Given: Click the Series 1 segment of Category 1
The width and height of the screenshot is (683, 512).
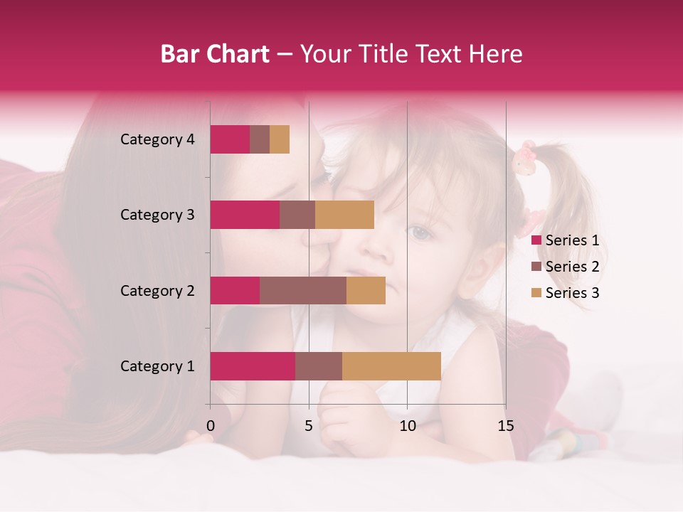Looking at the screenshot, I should tap(253, 366).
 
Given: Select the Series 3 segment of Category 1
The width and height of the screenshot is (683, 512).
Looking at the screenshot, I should tap(391, 366).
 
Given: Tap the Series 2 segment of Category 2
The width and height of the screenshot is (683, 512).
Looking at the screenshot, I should tap(303, 290).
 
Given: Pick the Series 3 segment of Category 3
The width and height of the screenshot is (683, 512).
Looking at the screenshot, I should tap(344, 215).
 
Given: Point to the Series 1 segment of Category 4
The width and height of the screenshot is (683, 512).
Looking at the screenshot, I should tap(230, 139).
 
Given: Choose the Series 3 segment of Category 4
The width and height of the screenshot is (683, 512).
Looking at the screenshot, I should tap(280, 139).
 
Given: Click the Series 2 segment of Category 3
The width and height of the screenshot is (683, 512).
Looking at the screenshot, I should tap(297, 215).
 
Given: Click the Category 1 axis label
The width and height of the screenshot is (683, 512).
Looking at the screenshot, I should tap(157, 366).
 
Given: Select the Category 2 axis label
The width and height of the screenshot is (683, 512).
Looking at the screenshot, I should tap(157, 291).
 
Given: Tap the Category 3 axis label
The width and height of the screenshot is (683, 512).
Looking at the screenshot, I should tap(157, 215).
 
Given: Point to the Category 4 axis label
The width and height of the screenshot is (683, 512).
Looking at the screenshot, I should tap(157, 139).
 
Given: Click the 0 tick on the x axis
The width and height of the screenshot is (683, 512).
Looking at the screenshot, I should tap(211, 425).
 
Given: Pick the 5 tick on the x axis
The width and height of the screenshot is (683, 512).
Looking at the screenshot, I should tap(309, 425).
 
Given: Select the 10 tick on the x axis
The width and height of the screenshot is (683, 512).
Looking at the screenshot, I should tap(407, 425).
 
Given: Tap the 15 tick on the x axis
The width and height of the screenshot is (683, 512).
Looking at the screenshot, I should tap(505, 425).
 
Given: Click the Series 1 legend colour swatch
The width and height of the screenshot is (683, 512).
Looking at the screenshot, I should tap(536, 240).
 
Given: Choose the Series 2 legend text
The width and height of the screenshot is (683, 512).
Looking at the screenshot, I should tap(572, 267).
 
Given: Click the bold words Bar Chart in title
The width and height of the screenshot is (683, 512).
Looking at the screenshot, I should tap(215, 53).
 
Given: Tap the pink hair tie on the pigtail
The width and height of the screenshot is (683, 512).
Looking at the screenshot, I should tap(526, 157).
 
